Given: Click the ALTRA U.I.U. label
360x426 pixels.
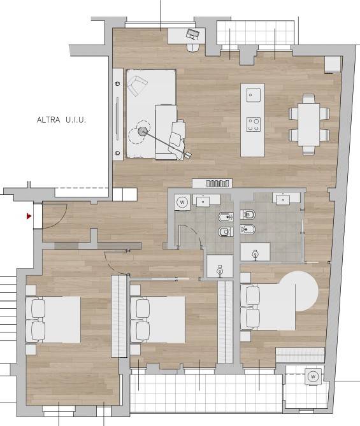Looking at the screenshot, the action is click(x=61, y=120).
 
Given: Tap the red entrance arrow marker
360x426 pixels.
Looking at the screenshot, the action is click(x=29, y=217).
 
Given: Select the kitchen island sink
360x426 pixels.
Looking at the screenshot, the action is click(x=253, y=95).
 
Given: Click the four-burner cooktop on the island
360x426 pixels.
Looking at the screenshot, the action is click(x=253, y=124).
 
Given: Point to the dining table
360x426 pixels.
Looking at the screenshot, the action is click(x=308, y=124).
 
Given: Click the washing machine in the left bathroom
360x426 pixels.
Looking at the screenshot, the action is click(x=182, y=202).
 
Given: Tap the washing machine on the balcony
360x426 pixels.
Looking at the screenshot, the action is click(x=313, y=376).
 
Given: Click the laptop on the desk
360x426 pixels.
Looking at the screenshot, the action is click(x=193, y=34).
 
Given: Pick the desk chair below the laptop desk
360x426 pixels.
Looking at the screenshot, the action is click(x=193, y=48).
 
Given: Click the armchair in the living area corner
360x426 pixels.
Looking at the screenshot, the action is click(x=137, y=85).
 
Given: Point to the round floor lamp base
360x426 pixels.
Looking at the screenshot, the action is click(x=143, y=132).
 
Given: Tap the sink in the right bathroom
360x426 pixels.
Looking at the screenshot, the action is click(x=283, y=200).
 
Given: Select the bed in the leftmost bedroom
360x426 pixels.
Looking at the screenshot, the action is click(x=54, y=320).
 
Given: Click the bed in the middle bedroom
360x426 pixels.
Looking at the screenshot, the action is click(x=158, y=320).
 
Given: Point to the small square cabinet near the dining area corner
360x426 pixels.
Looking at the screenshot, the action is click(x=333, y=64).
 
